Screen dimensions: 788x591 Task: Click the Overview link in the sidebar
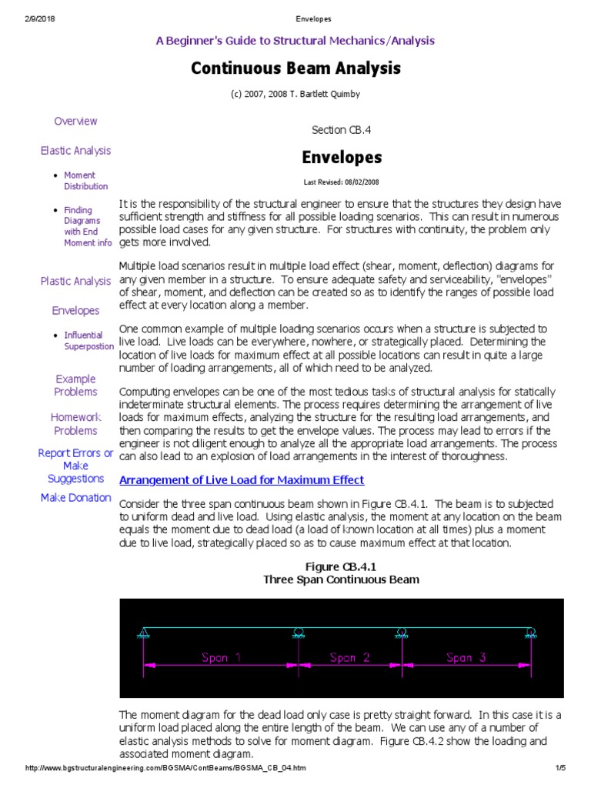point(75,121)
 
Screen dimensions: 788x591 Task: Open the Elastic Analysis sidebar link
point(75,151)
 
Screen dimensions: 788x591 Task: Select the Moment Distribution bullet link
point(85,181)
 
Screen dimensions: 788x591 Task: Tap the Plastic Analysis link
point(75,281)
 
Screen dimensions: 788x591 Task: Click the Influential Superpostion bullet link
point(88,341)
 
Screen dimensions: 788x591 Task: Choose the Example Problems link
point(75,385)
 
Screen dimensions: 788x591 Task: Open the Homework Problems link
point(75,423)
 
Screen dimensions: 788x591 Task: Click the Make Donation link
point(75,497)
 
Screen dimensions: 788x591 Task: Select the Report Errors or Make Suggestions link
point(75,466)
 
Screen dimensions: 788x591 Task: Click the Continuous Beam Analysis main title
point(295,68)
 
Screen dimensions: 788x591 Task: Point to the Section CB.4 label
point(341,130)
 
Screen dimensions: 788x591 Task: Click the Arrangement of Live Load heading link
point(242,479)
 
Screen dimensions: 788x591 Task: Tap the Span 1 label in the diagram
point(221,657)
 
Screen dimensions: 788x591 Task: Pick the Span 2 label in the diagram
point(349,657)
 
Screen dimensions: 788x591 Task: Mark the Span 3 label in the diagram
point(466,657)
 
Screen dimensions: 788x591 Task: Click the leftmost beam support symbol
point(143,633)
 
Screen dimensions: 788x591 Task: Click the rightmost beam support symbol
point(530,633)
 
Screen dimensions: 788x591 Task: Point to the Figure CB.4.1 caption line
point(341,566)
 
